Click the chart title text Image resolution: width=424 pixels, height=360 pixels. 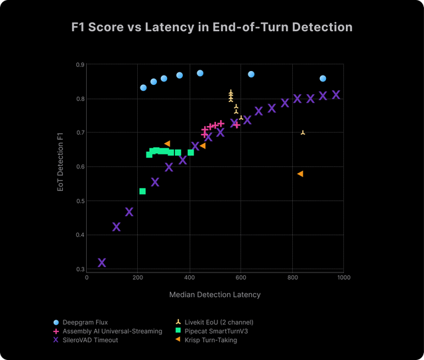pos(212,28)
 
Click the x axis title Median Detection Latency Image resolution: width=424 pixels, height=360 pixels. pos(215,294)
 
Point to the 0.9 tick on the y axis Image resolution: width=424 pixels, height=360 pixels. pos(80,65)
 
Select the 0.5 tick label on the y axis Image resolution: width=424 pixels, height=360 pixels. pos(80,201)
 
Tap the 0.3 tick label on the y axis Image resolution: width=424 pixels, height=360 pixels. pos(80,269)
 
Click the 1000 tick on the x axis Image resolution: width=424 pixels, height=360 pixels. pos(343,278)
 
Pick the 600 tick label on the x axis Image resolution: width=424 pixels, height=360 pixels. pos(240,278)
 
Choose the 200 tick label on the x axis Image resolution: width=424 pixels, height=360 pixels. pos(137,278)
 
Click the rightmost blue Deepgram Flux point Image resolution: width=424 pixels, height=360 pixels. pos(323,78)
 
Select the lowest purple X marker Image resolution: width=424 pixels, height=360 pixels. pos(102,263)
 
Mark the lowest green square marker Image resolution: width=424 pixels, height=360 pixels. pos(142,192)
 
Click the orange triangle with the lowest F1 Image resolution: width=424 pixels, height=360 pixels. pos(300,174)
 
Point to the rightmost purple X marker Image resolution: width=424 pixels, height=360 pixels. pos(336,95)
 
